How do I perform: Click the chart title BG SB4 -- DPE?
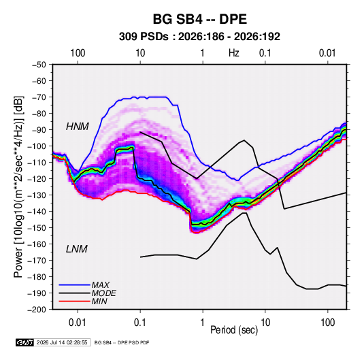coord(199,19)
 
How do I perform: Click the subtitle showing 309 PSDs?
coord(199,37)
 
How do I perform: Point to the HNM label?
coord(78,127)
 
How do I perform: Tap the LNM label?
coord(77,249)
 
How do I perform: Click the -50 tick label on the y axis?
coord(39,65)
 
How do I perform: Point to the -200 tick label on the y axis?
coord(37,310)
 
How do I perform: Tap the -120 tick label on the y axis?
coord(37,179)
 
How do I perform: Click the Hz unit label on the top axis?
coord(234,53)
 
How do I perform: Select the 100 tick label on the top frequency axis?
coord(78,53)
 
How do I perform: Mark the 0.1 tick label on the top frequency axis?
coord(265,53)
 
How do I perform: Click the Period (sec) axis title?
coord(234,330)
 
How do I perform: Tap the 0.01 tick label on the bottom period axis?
coord(78,323)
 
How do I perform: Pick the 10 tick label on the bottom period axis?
coord(265,323)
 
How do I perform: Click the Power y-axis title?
coord(18,186)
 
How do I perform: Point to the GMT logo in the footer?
coord(24,342)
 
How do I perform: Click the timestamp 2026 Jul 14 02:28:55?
coord(62,342)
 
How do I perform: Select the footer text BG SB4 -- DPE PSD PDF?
coord(122,342)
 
